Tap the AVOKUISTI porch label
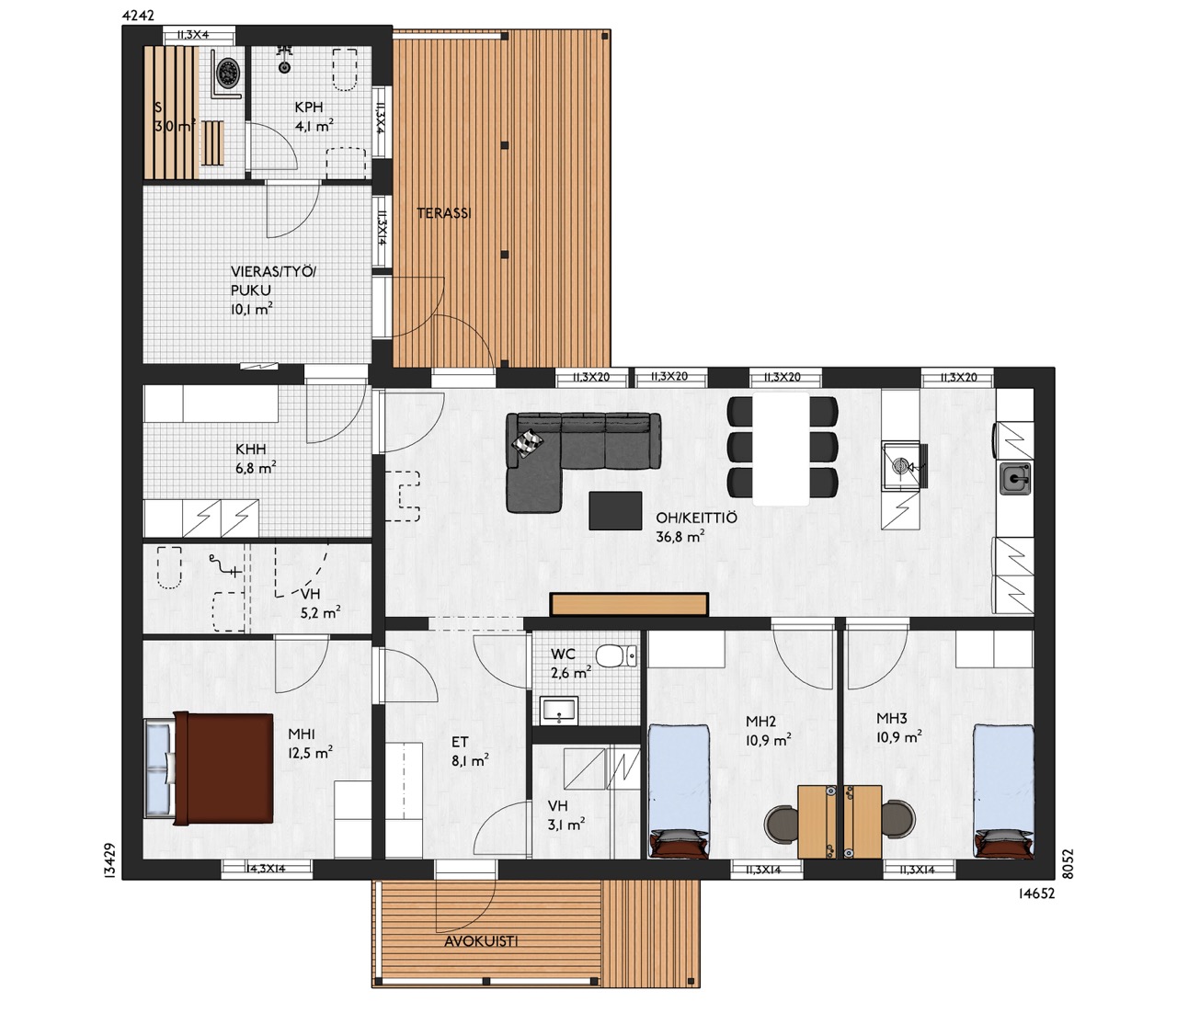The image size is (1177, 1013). [x=481, y=940]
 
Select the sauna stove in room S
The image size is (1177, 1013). [x=230, y=72]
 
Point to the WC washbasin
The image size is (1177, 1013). [x=560, y=710]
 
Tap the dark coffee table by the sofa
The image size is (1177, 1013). [x=615, y=510]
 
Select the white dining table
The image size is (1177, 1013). [x=781, y=449]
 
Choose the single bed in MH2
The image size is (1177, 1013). [x=680, y=791]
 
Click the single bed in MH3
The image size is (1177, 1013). [x=1003, y=791]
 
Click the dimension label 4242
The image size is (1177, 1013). [x=138, y=16]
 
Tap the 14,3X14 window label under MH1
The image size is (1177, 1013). [x=266, y=869]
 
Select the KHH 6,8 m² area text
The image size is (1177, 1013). [x=256, y=460]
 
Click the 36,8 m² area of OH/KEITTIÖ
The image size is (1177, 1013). [x=680, y=536]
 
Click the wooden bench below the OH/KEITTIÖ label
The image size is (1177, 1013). [x=629, y=604]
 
